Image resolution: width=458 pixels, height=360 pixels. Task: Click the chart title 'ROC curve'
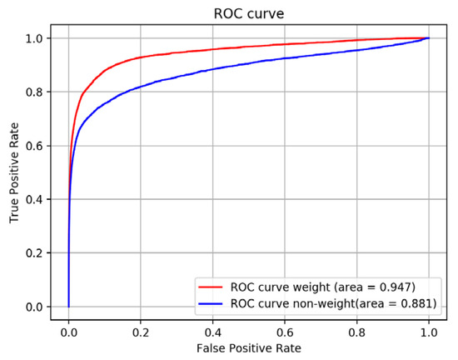[248, 11]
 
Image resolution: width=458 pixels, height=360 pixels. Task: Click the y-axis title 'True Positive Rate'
[14, 171]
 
